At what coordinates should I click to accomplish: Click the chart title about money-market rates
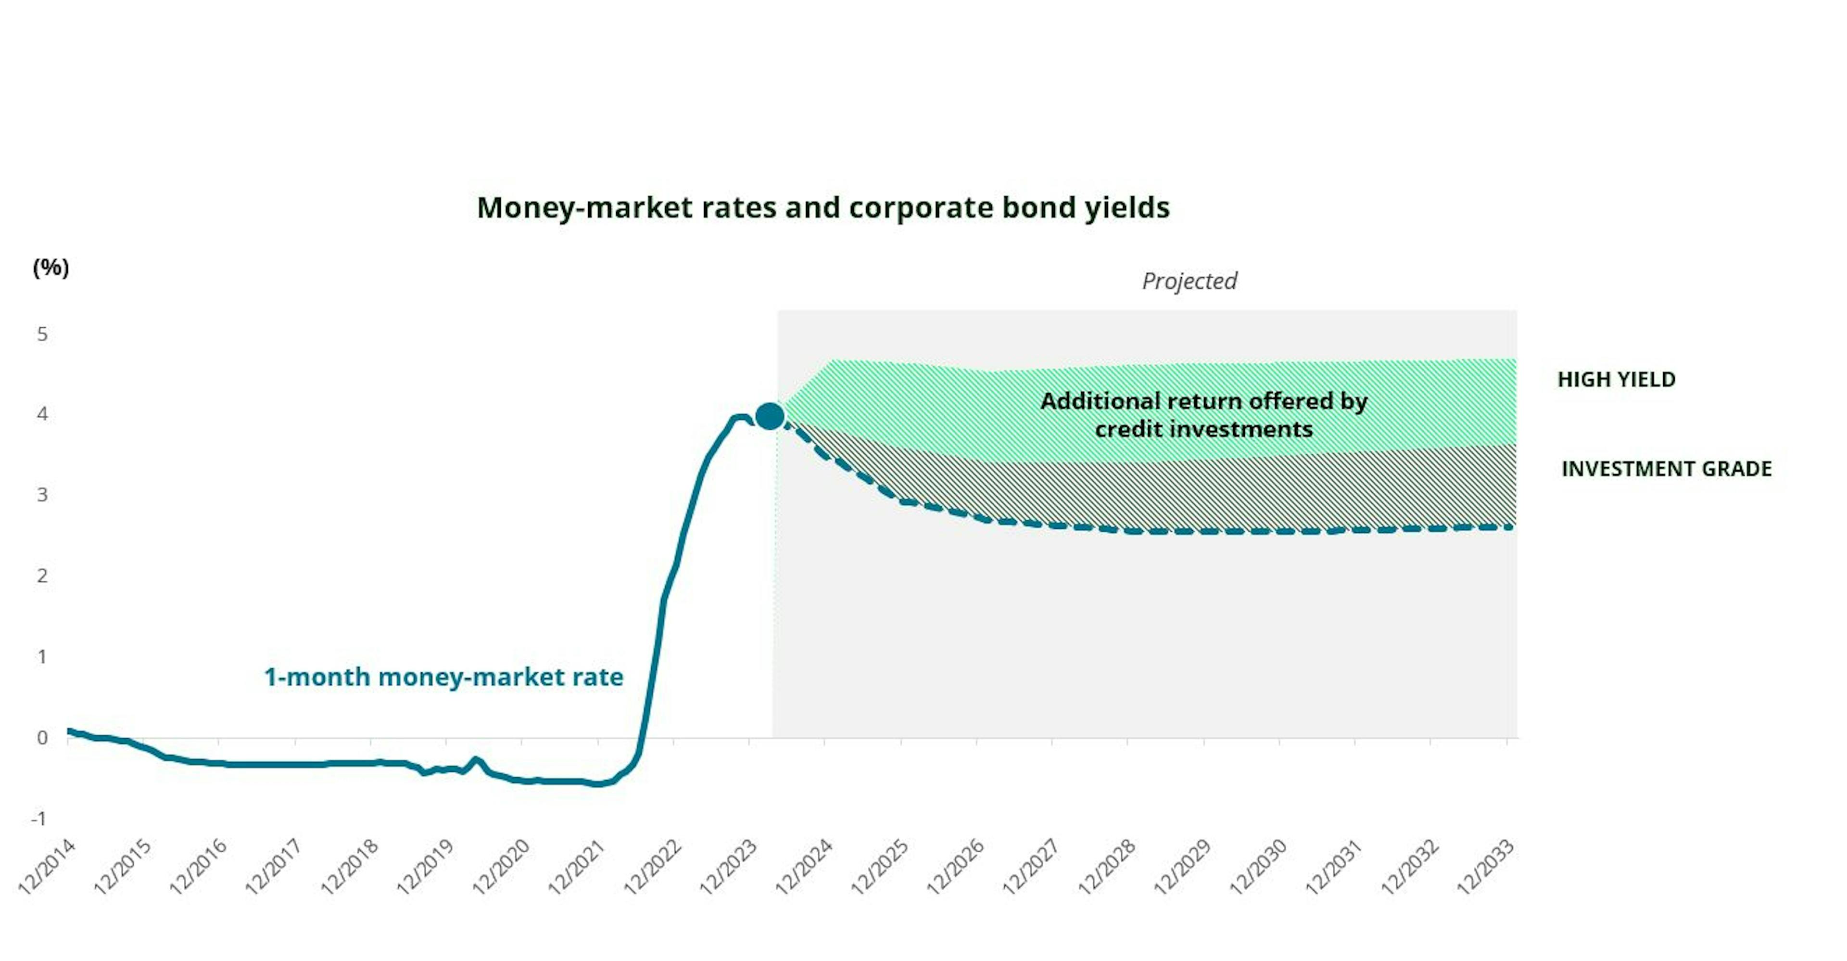point(823,208)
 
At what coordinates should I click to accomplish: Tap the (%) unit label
point(51,268)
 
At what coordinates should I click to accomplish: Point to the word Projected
point(1189,281)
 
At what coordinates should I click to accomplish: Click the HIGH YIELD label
point(1616,379)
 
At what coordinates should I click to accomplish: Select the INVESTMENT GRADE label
point(1666,469)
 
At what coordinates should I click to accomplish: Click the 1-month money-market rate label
point(444,677)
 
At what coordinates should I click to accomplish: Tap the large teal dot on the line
point(770,416)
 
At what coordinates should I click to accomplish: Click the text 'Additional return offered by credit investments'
point(1204,414)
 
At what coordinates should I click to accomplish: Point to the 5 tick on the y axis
point(42,334)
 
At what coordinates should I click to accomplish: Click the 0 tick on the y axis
point(42,737)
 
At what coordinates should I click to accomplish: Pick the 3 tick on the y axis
point(42,495)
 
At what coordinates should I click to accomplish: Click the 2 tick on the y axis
point(42,575)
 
